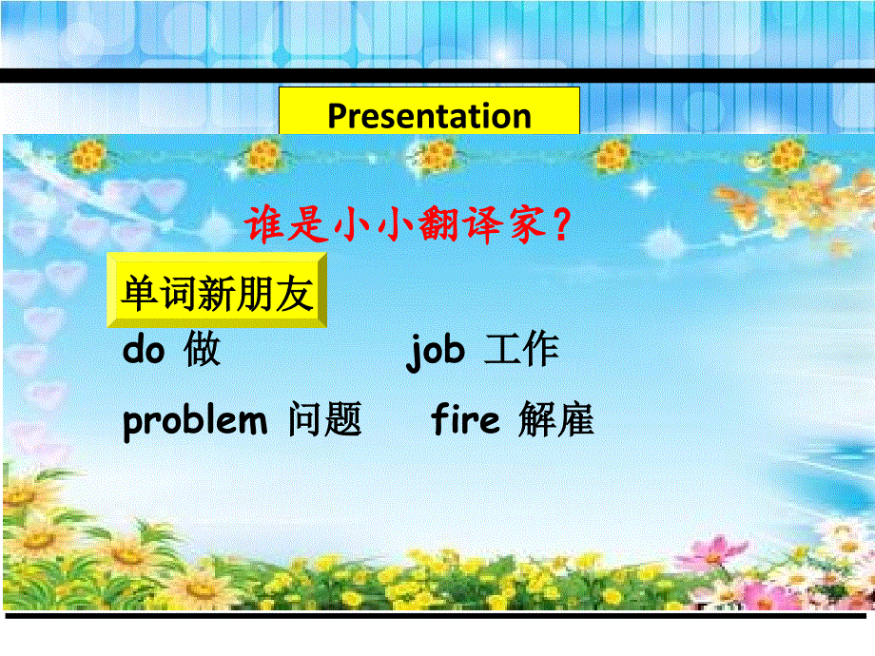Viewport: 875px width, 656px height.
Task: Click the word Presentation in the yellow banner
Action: (429, 116)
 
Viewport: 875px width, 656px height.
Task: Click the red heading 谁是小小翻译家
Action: (409, 226)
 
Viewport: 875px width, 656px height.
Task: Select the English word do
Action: (145, 350)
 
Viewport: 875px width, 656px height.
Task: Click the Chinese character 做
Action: (203, 351)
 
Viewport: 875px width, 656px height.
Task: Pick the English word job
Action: (436, 351)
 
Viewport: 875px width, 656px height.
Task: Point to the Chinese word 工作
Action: (521, 351)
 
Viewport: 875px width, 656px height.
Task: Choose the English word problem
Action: (195, 420)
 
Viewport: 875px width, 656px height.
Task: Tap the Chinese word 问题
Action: (324, 420)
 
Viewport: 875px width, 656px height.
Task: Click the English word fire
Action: (465, 419)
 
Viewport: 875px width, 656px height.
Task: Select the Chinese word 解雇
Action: (556, 420)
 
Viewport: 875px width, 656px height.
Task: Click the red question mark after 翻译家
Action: (562, 226)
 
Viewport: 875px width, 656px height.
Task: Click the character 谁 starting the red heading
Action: (265, 226)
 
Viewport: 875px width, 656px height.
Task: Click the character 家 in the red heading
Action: (523, 226)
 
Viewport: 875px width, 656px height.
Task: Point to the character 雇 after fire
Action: (575, 420)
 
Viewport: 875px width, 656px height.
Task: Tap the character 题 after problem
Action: (343, 420)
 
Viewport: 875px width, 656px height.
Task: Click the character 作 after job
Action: (540, 351)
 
